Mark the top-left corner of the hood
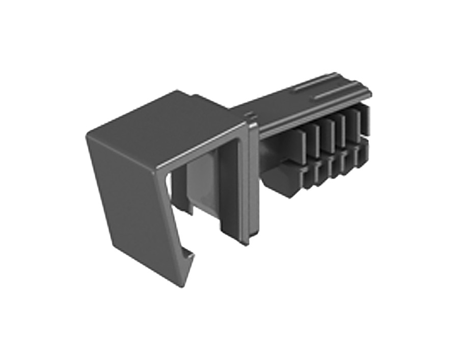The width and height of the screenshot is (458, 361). (x=88, y=133)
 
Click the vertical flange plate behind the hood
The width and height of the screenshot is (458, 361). (x=255, y=178)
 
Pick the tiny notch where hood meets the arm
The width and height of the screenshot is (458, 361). (x=250, y=118)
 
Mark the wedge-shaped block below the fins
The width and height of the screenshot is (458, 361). (x=280, y=181)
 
